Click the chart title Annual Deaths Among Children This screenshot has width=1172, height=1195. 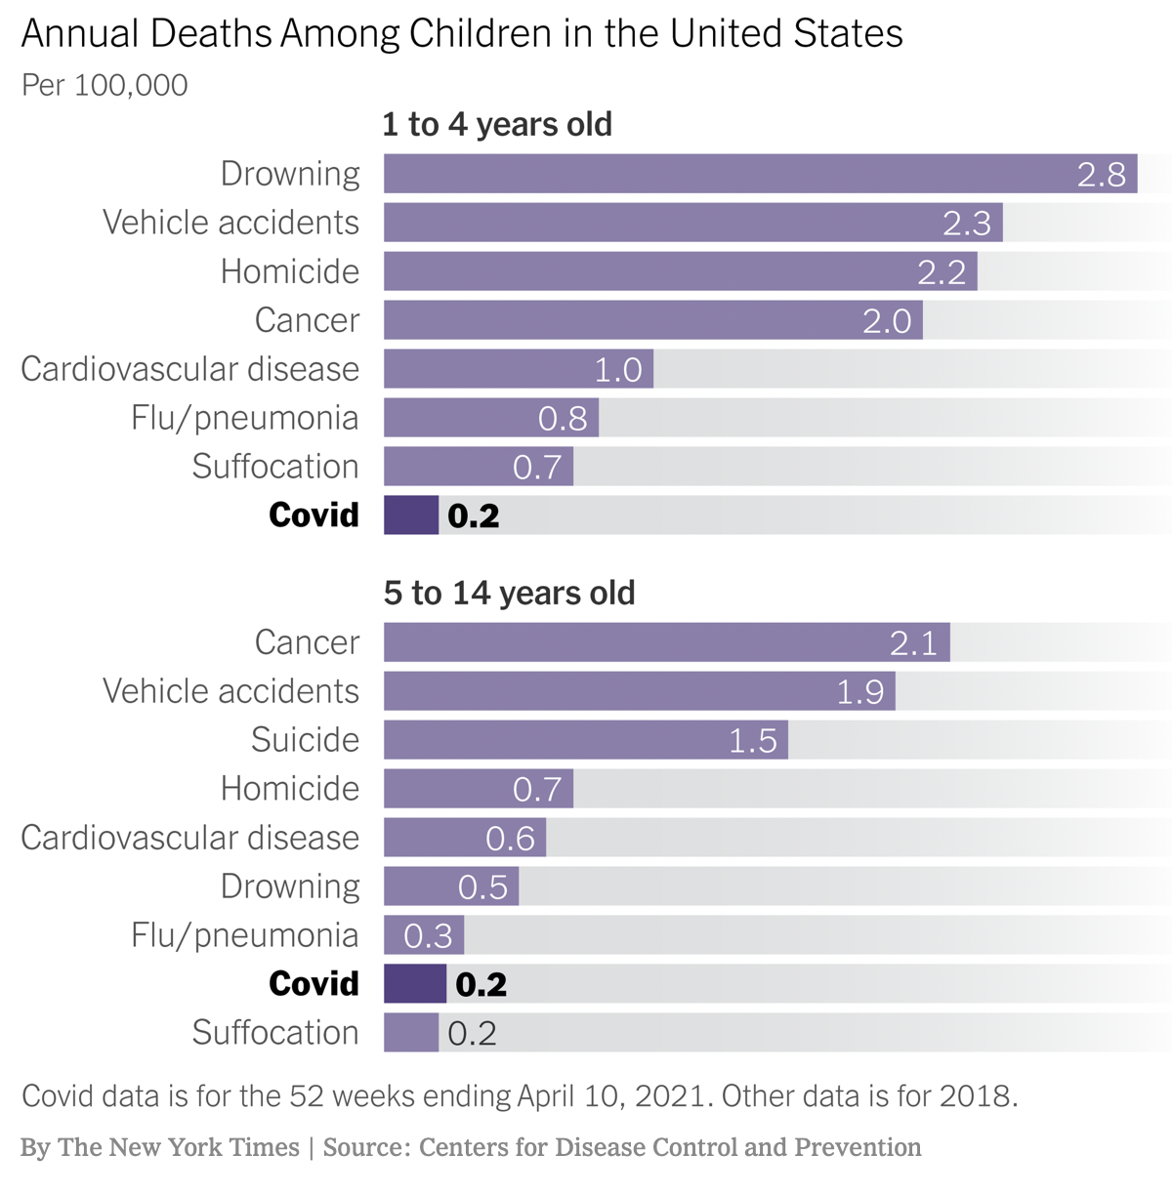461,34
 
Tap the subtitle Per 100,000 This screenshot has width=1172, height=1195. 105,85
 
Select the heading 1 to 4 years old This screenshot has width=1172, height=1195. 497,125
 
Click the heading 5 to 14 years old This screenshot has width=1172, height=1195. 509,594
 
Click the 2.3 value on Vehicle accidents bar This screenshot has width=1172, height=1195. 966,224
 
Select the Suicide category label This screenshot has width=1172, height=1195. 305,740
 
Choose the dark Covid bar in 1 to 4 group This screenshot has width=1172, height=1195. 411,515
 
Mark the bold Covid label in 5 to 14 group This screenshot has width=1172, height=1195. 314,984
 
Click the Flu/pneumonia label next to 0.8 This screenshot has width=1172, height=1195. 245,418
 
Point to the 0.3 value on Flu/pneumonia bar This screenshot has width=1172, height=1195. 428,936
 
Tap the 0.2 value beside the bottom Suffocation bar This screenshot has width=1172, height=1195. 472,1033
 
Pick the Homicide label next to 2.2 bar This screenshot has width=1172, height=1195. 290,271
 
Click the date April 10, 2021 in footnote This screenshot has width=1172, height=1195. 611,1096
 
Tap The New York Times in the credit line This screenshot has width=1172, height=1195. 179,1147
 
